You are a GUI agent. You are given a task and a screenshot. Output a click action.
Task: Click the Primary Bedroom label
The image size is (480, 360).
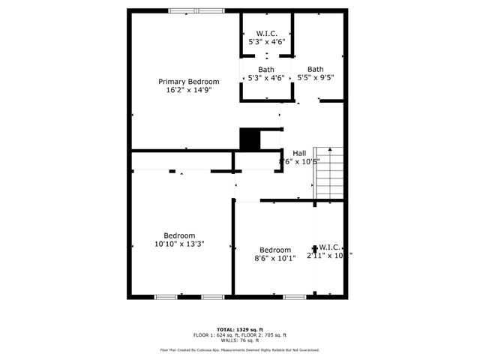point(188,81)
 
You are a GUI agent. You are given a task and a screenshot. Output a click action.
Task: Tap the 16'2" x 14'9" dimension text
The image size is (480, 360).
point(188,90)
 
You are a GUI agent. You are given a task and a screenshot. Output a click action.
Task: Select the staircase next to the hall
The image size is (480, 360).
point(329,171)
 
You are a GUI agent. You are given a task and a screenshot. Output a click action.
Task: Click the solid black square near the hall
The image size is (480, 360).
point(248,139)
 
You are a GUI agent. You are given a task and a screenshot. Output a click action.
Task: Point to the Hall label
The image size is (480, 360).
point(299,152)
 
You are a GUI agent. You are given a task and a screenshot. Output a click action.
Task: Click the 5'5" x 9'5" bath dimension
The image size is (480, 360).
point(316,76)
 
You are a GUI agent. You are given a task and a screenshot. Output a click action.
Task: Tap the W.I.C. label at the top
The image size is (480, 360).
point(267,33)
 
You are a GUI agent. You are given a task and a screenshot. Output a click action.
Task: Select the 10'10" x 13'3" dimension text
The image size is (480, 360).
point(180,244)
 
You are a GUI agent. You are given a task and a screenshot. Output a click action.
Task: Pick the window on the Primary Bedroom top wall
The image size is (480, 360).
point(195,10)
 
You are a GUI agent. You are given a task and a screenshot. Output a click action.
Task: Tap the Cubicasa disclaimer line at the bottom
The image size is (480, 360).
point(239,349)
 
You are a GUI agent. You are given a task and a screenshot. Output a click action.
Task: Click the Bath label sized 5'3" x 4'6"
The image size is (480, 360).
point(266,69)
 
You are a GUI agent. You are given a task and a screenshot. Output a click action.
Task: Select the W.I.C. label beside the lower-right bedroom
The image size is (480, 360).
point(330,247)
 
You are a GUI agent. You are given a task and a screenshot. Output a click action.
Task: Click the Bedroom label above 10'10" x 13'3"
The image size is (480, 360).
point(180,235)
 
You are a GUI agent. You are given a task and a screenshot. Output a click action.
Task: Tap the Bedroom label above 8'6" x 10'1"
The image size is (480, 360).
point(275,250)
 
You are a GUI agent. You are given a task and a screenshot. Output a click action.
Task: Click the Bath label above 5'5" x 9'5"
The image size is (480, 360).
point(316,68)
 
